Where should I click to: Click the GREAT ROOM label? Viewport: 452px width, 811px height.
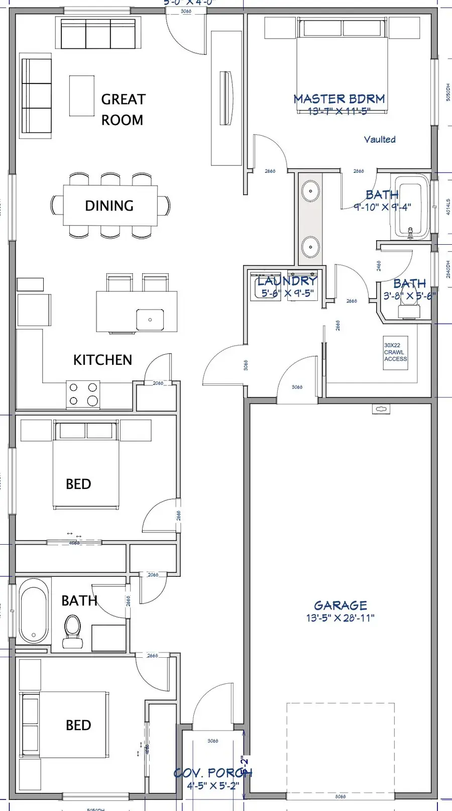pyautogui.click(x=123, y=110)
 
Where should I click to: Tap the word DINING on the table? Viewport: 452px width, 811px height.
pyautogui.click(x=109, y=206)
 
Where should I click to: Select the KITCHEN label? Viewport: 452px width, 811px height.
pyautogui.click(x=102, y=360)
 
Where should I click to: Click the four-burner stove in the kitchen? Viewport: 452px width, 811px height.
pyautogui.click(x=83, y=394)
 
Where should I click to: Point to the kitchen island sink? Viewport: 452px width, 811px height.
pyautogui.click(x=150, y=320)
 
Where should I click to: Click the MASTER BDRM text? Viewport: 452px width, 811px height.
pyautogui.click(x=339, y=99)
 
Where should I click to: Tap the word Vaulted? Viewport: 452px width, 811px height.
pyautogui.click(x=380, y=139)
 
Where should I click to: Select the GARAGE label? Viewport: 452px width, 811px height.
pyautogui.click(x=341, y=605)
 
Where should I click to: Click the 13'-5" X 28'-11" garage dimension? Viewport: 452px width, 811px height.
pyautogui.click(x=341, y=618)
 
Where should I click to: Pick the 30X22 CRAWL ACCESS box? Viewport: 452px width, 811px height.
pyautogui.click(x=395, y=353)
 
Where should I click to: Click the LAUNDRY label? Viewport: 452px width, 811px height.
pyautogui.click(x=287, y=281)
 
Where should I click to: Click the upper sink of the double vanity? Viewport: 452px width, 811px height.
pyautogui.click(x=310, y=191)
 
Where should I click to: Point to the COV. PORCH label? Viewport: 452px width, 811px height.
pyautogui.click(x=213, y=773)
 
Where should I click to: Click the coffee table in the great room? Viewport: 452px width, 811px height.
pyautogui.click(x=81, y=96)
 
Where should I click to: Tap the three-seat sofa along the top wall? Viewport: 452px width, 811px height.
pyautogui.click(x=98, y=34)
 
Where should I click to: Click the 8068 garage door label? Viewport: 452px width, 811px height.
pyautogui.click(x=341, y=796)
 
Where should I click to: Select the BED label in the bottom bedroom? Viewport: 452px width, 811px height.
pyautogui.click(x=78, y=725)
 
